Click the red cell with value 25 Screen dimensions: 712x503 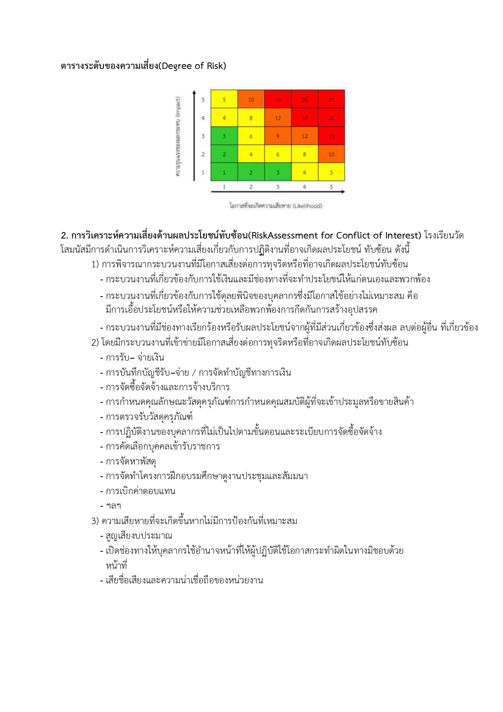pyautogui.click(x=331, y=100)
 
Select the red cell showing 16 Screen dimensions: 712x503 pyautogui.click(x=304, y=118)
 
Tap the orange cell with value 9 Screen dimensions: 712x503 pyautogui.click(x=277, y=136)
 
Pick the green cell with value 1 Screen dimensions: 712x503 pyautogui.click(x=224, y=172)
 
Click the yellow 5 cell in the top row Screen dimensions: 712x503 pyautogui.click(x=224, y=100)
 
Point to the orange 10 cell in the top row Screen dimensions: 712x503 pyautogui.click(x=251, y=100)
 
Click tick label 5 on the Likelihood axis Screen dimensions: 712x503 pyautogui.click(x=331, y=187)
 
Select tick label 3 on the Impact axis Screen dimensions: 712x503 pyautogui.click(x=203, y=136)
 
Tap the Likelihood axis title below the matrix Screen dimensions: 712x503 pyautogui.click(x=275, y=206)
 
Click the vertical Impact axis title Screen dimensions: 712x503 pyautogui.click(x=178, y=136)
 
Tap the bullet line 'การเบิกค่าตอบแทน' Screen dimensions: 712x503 pyautogui.click(x=140, y=491)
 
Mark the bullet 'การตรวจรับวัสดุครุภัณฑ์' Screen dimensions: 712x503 pyautogui.click(x=148, y=417)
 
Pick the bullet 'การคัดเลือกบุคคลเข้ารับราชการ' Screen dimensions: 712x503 pyautogui.click(x=162, y=446)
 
